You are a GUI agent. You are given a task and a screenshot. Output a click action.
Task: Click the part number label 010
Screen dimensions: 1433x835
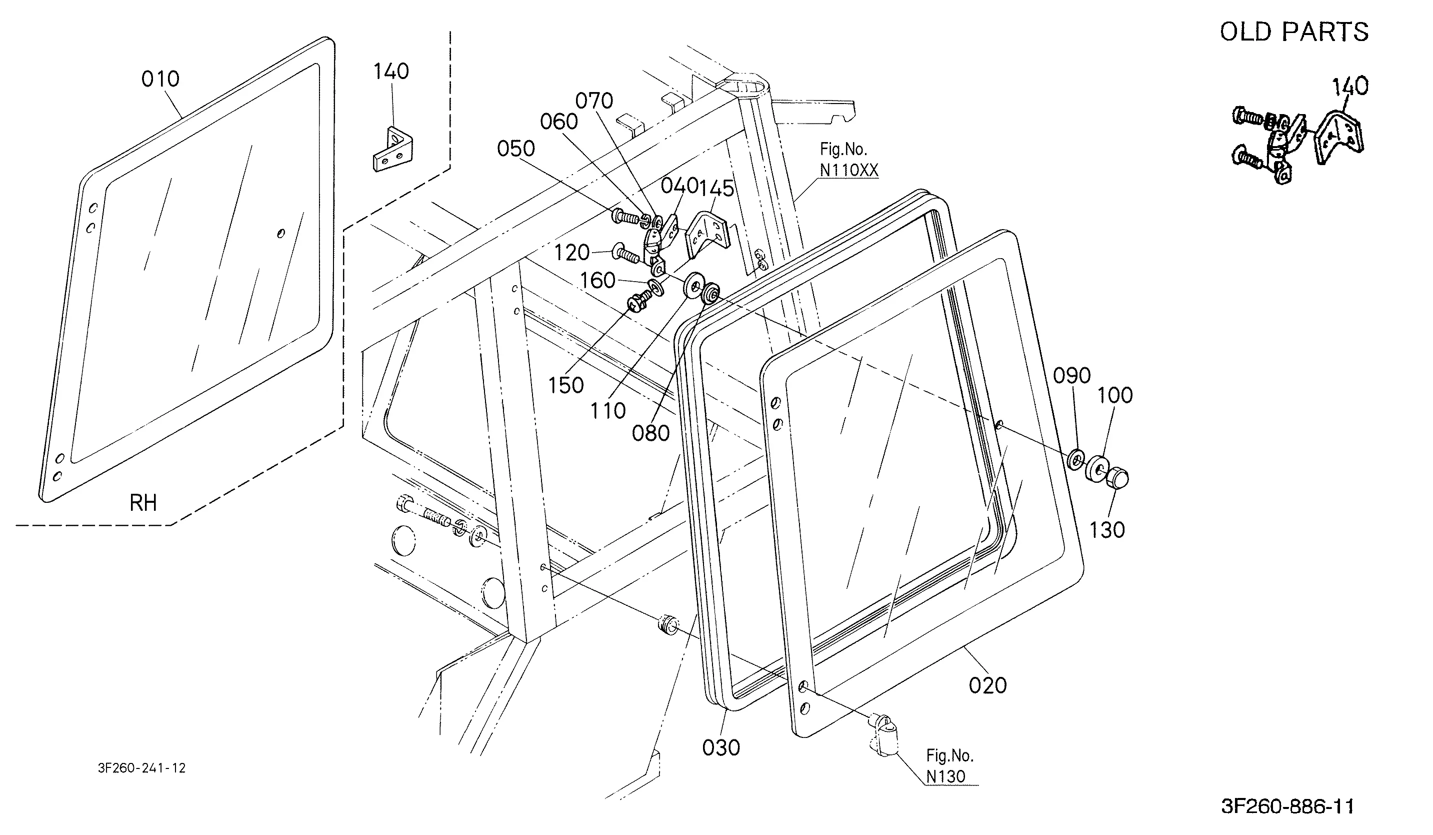click(160, 79)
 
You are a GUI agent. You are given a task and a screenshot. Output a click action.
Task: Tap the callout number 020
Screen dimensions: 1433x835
click(987, 685)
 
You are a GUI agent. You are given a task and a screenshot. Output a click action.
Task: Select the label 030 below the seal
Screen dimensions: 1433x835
click(721, 748)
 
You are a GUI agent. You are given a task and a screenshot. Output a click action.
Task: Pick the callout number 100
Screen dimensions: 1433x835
click(1114, 395)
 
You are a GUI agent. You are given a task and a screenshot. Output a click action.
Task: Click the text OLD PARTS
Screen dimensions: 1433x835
click(1294, 32)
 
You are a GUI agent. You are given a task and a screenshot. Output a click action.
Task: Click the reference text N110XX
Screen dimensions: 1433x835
click(848, 170)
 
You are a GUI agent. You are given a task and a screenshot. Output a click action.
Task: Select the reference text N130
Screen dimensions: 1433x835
click(945, 776)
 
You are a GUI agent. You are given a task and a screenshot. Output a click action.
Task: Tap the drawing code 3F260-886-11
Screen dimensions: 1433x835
click(1287, 806)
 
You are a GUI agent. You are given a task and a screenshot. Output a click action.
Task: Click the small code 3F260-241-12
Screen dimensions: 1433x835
click(141, 768)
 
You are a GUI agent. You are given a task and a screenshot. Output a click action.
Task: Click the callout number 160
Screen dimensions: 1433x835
click(597, 281)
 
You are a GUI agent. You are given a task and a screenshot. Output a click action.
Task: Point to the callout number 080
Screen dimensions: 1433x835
click(650, 433)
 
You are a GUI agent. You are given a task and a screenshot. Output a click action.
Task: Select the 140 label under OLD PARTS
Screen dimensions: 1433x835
click(1350, 87)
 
